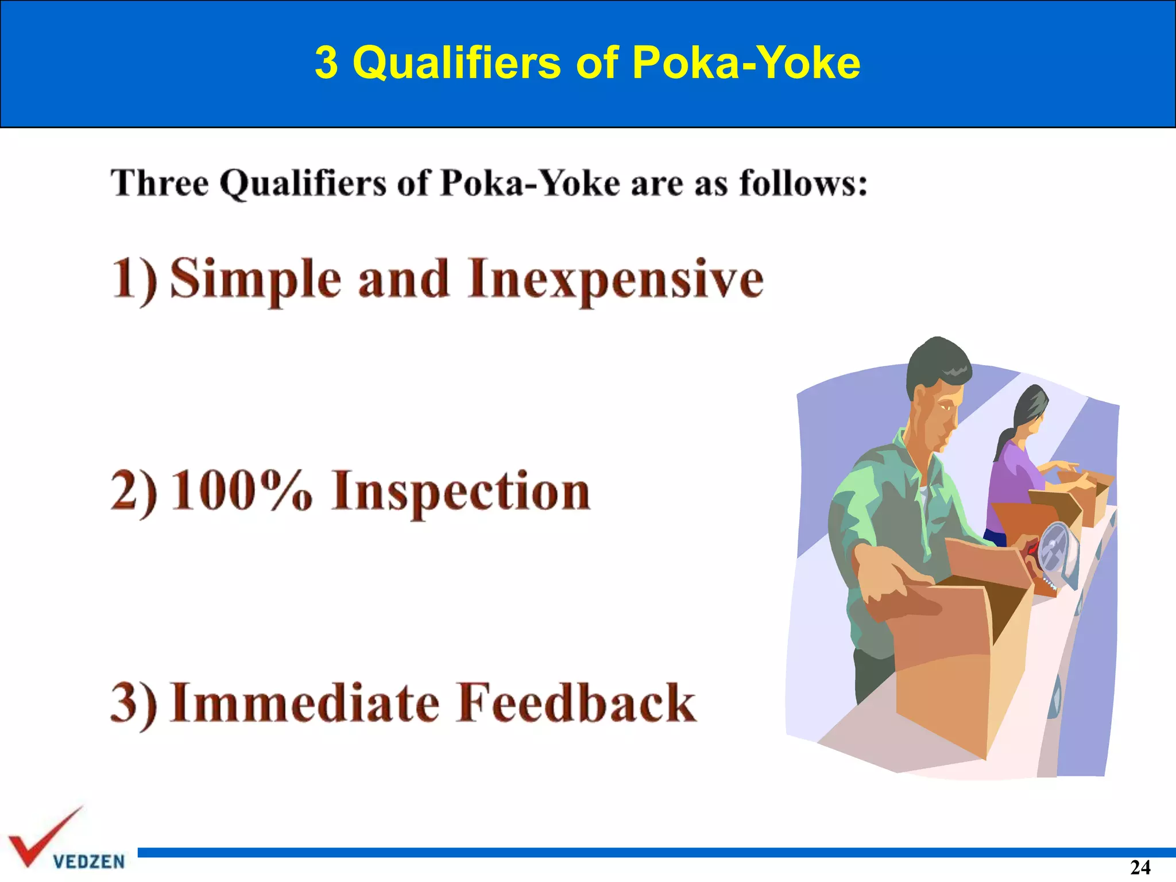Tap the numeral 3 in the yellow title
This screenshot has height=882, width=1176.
tap(326, 62)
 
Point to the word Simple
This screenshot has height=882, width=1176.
tap(256, 279)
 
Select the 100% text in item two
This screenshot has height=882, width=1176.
tap(242, 492)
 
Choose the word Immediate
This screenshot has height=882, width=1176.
tap(305, 703)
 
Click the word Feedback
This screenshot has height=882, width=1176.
tap(577, 703)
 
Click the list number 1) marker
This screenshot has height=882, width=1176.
tap(134, 280)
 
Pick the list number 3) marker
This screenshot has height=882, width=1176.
tap(133, 704)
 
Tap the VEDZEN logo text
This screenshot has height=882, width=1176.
tap(89, 862)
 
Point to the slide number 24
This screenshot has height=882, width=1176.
tap(1140, 867)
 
